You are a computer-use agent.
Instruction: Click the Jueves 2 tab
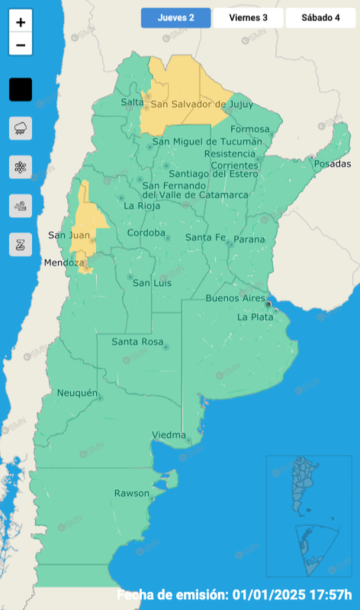click(x=176, y=18)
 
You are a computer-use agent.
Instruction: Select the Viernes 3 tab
click(x=248, y=18)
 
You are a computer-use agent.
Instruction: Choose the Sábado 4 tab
click(x=320, y=18)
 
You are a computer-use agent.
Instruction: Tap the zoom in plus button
click(x=21, y=22)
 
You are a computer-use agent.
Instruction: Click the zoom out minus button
click(x=21, y=45)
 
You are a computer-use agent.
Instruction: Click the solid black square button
click(x=21, y=90)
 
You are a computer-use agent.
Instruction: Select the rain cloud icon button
click(x=21, y=128)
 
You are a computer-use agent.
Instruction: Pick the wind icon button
click(x=21, y=206)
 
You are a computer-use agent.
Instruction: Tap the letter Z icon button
click(x=21, y=244)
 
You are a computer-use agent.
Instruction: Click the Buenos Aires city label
click(x=235, y=299)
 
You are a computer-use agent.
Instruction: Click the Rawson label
click(x=132, y=493)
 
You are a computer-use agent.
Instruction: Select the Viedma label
click(x=169, y=435)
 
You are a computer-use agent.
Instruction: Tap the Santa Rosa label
click(x=137, y=342)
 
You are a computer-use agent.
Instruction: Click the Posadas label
click(x=332, y=163)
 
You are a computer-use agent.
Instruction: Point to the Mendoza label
click(x=64, y=263)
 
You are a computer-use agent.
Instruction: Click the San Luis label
click(x=152, y=283)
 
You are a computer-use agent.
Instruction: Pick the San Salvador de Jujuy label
click(x=202, y=104)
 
